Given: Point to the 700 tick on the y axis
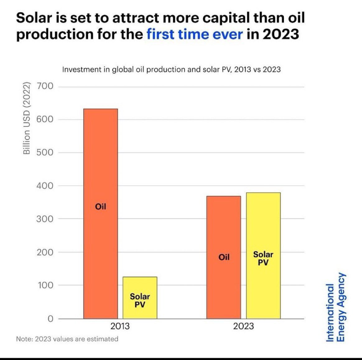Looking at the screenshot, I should point(46,86).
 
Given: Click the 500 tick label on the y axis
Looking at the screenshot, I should point(46,153).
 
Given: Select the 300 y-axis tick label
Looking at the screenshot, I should point(46,219).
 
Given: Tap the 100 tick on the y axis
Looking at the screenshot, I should point(46,285).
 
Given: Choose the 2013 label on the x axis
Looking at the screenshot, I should point(120,326).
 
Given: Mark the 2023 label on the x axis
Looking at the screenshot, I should point(244,326).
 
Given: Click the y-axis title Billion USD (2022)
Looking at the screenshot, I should point(27,118).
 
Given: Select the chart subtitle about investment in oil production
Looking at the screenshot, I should point(171,69).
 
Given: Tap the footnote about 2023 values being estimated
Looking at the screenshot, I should point(67,339).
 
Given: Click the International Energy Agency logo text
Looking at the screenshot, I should point(336,307).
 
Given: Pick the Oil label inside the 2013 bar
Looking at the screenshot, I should point(100,206).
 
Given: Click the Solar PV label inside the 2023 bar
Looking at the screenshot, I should point(263,258).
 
